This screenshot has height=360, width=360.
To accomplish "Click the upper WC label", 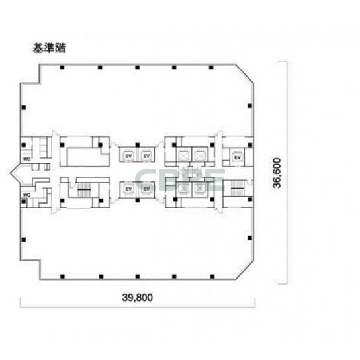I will tap(27, 159).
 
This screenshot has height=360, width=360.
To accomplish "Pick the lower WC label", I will tap(27, 195).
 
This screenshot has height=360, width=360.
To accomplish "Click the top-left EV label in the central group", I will tap(128, 157).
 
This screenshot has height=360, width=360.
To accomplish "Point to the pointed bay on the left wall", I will tap(16, 177).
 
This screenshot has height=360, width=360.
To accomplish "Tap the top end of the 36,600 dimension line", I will tap(286, 62).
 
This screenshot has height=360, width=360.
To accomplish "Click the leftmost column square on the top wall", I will tap(62, 67).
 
